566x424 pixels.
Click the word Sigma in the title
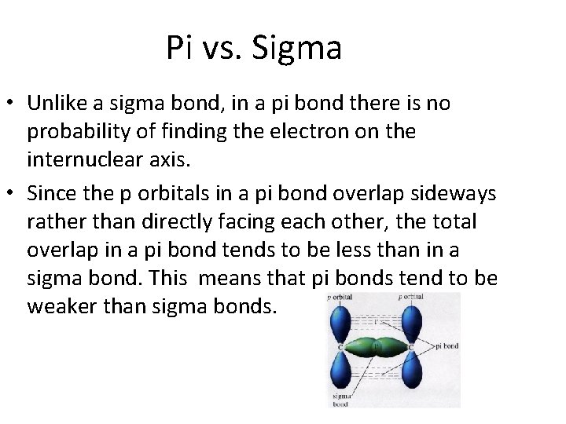298,49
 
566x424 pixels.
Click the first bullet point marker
11,104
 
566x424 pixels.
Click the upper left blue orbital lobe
341,321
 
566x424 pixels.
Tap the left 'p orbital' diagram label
341,298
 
